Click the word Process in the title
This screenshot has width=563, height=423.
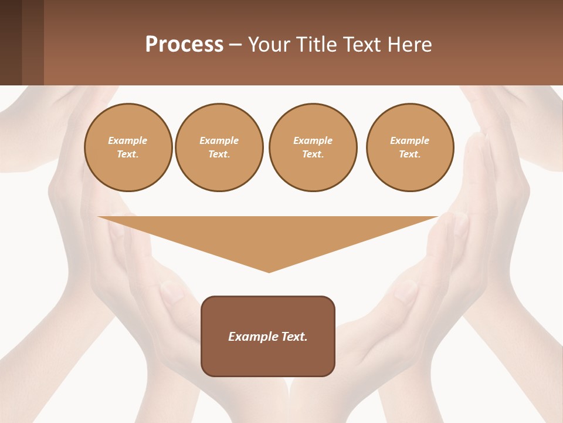click(184, 45)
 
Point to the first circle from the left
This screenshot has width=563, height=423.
click(128, 147)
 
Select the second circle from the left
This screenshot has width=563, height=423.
click(219, 147)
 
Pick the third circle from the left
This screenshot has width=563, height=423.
click(313, 147)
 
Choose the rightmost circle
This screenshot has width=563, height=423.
click(410, 147)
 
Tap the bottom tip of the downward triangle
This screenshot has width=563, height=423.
click(269, 271)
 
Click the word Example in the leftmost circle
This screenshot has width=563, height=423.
click(128, 140)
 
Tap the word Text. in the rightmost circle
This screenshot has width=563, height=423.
click(410, 155)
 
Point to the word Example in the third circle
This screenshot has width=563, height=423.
click(313, 140)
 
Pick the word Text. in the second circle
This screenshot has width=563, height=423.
click(219, 155)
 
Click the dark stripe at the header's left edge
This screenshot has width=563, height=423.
click(11, 42)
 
